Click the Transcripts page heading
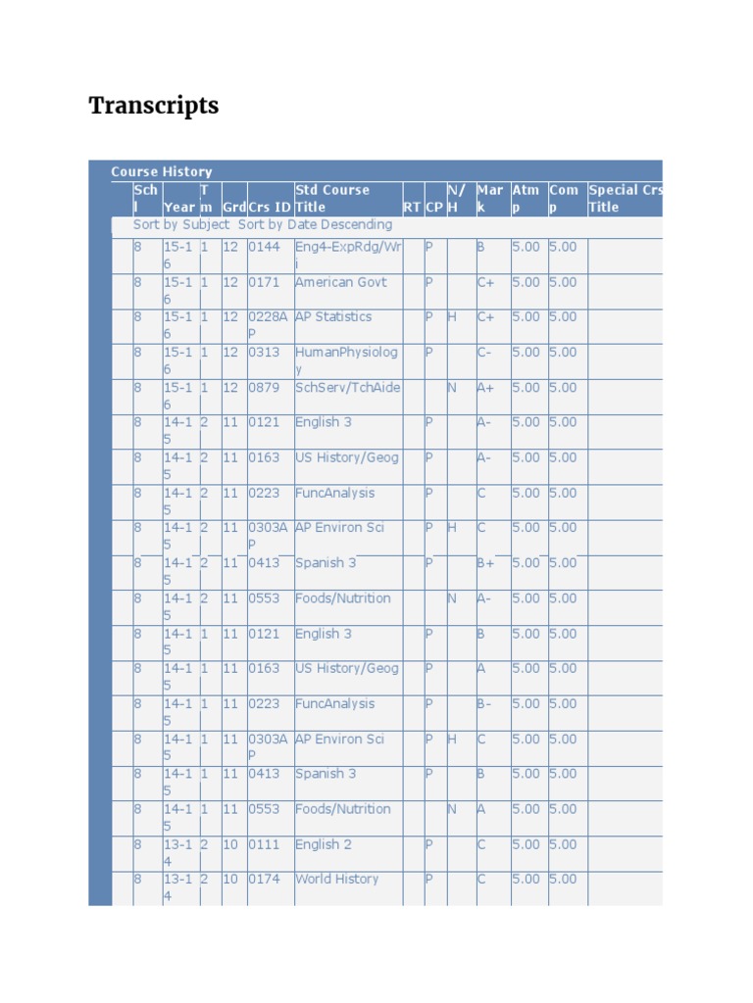coord(154,106)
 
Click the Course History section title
coord(161,171)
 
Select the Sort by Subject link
coord(181,224)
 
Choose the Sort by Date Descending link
coord(315,224)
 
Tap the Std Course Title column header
coord(332,198)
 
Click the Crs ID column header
coord(270,207)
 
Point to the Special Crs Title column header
coord(625,198)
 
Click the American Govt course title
coord(341,282)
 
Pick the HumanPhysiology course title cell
coord(346,359)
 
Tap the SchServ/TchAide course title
coord(347,387)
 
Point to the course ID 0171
coord(264,282)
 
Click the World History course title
coord(336,879)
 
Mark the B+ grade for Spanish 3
coord(486,563)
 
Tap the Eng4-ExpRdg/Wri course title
coord(348,254)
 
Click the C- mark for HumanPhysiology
coord(485,352)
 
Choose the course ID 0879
coord(264,387)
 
